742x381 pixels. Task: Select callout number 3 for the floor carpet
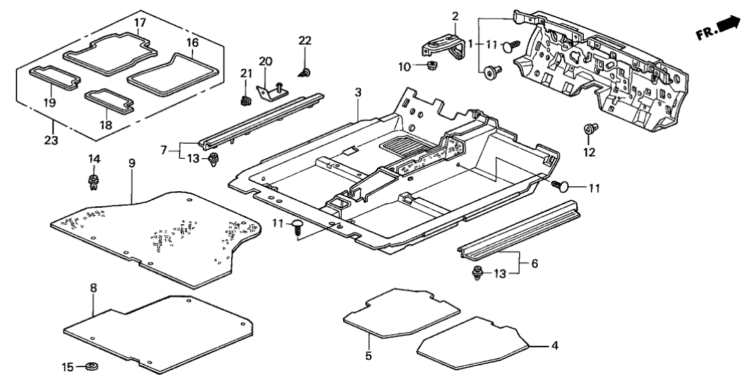(x=358, y=92)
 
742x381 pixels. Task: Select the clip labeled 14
(x=92, y=184)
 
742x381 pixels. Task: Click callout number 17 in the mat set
(x=140, y=22)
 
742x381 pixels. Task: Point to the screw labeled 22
(x=304, y=71)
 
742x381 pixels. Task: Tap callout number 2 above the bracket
(x=455, y=16)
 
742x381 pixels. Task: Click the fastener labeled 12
(x=589, y=128)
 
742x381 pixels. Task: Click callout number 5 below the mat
(x=369, y=356)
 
